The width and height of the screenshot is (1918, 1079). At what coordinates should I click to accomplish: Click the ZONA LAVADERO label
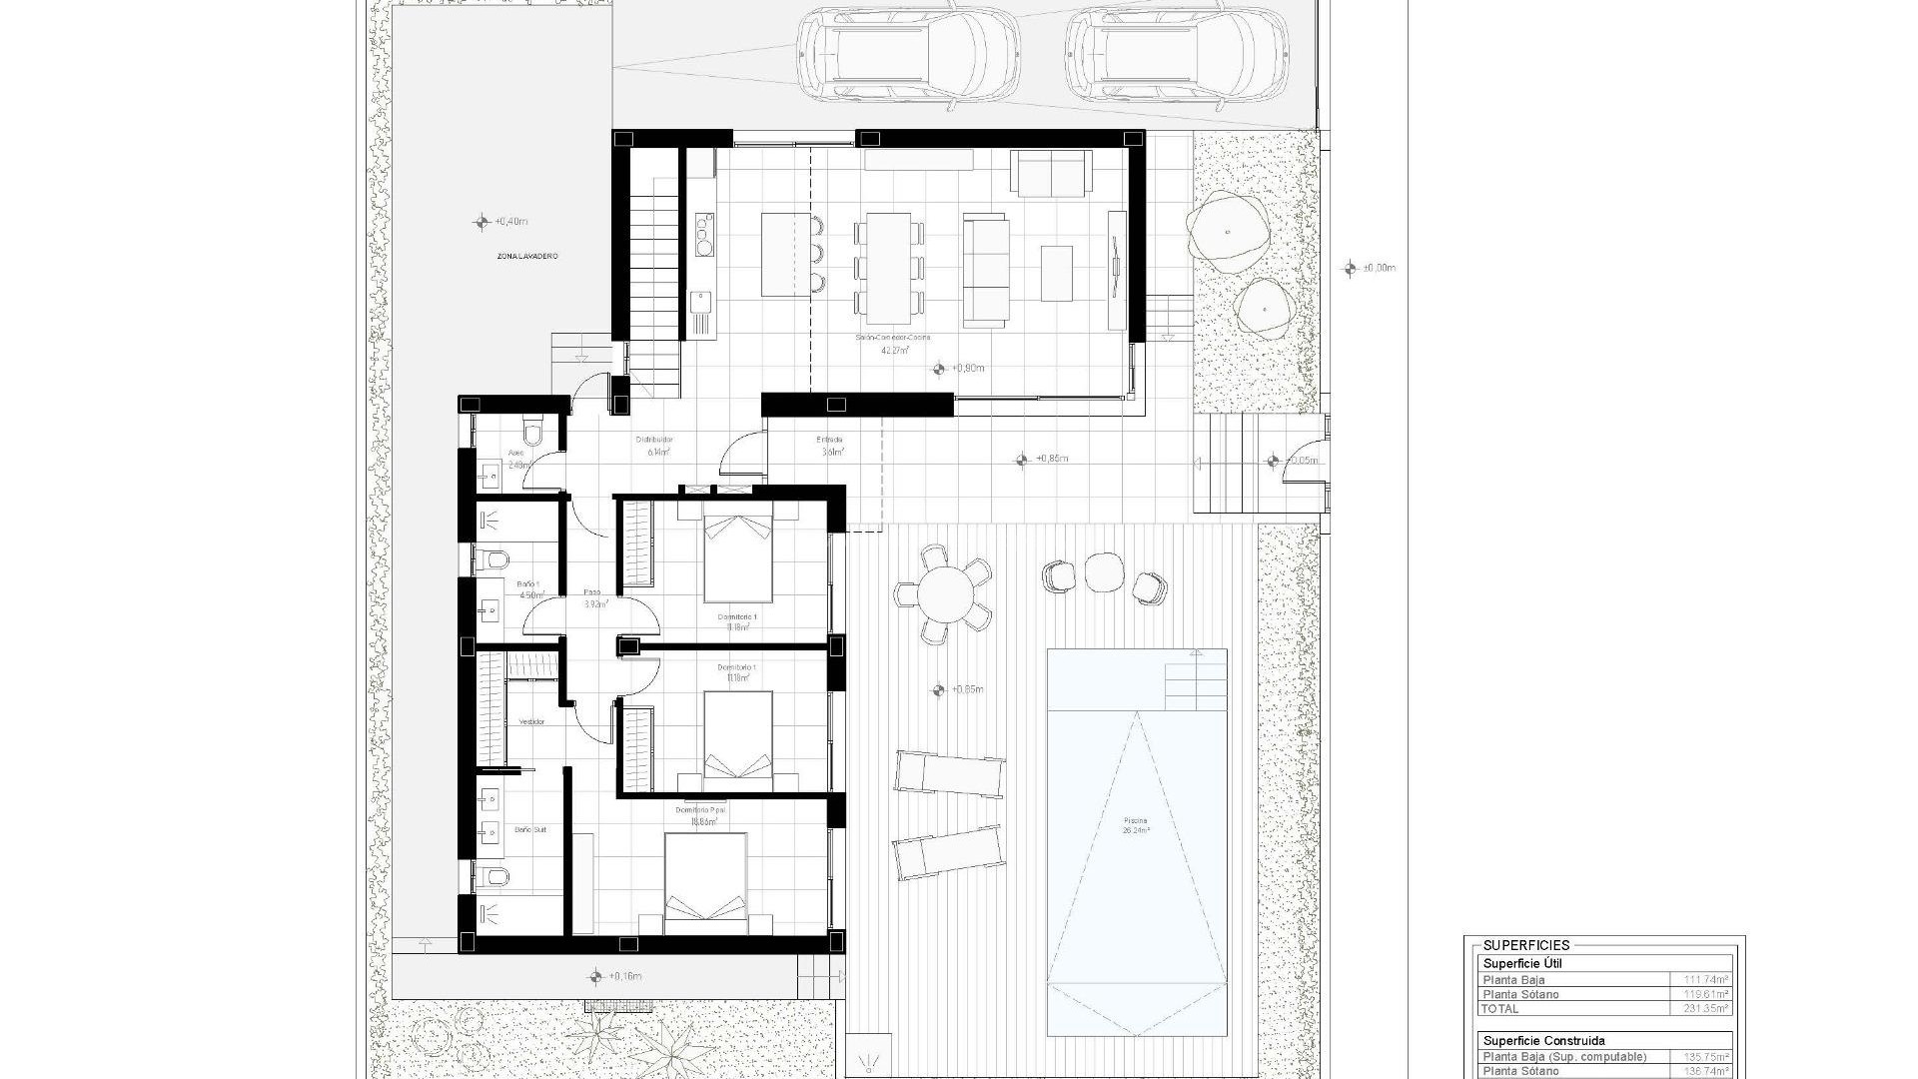[x=527, y=257]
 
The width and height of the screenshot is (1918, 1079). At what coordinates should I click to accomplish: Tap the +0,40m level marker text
[x=510, y=221]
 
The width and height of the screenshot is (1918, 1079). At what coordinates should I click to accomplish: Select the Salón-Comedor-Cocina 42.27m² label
[x=893, y=345]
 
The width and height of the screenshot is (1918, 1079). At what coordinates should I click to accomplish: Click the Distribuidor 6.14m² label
[x=655, y=446]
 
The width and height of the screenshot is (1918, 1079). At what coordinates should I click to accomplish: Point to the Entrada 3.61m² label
[x=831, y=446]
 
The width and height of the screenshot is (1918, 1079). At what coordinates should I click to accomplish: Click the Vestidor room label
[x=531, y=721]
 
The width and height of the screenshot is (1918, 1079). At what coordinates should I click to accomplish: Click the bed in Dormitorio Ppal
[x=705, y=879]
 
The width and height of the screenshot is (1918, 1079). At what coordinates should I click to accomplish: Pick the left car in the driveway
[x=908, y=52]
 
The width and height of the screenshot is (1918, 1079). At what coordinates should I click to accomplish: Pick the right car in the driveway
[x=1176, y=52]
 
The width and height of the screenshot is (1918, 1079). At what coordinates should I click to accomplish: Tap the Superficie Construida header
[x=1542, y=1040]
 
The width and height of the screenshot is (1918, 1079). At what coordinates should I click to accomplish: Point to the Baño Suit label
[x=530, y=830]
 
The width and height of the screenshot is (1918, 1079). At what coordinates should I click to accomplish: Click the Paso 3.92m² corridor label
[x=593, y=597]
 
